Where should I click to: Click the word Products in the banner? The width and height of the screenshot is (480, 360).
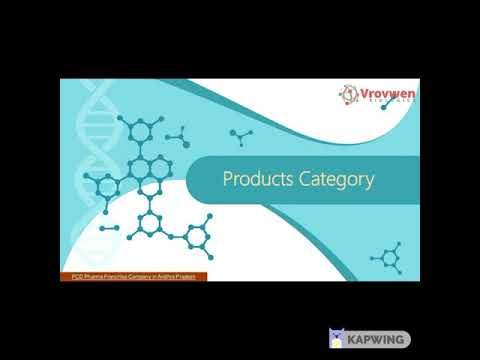pos(256,180)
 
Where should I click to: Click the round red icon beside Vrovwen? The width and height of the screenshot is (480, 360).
pos(348,96)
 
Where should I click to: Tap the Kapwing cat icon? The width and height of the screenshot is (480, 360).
pos(336,339)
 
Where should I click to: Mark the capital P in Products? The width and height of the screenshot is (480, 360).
pos(227,180)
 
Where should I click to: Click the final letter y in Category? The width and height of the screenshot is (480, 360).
pos(369,183)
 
